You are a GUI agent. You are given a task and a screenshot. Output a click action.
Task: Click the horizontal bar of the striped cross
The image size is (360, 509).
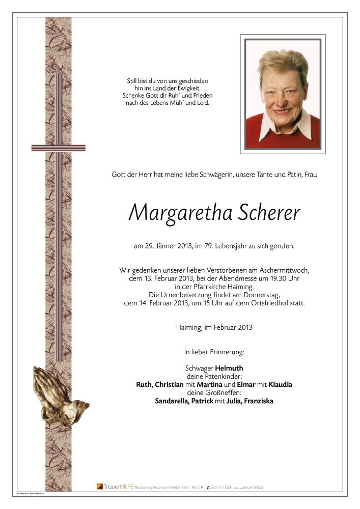coord(58,148)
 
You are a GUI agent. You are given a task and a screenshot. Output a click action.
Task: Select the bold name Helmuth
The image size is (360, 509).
coord(229,367)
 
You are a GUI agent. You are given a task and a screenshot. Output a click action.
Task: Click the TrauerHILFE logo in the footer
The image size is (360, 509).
coord(114,487)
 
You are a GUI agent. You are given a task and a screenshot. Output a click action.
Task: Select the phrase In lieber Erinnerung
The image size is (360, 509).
coord(214,352)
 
